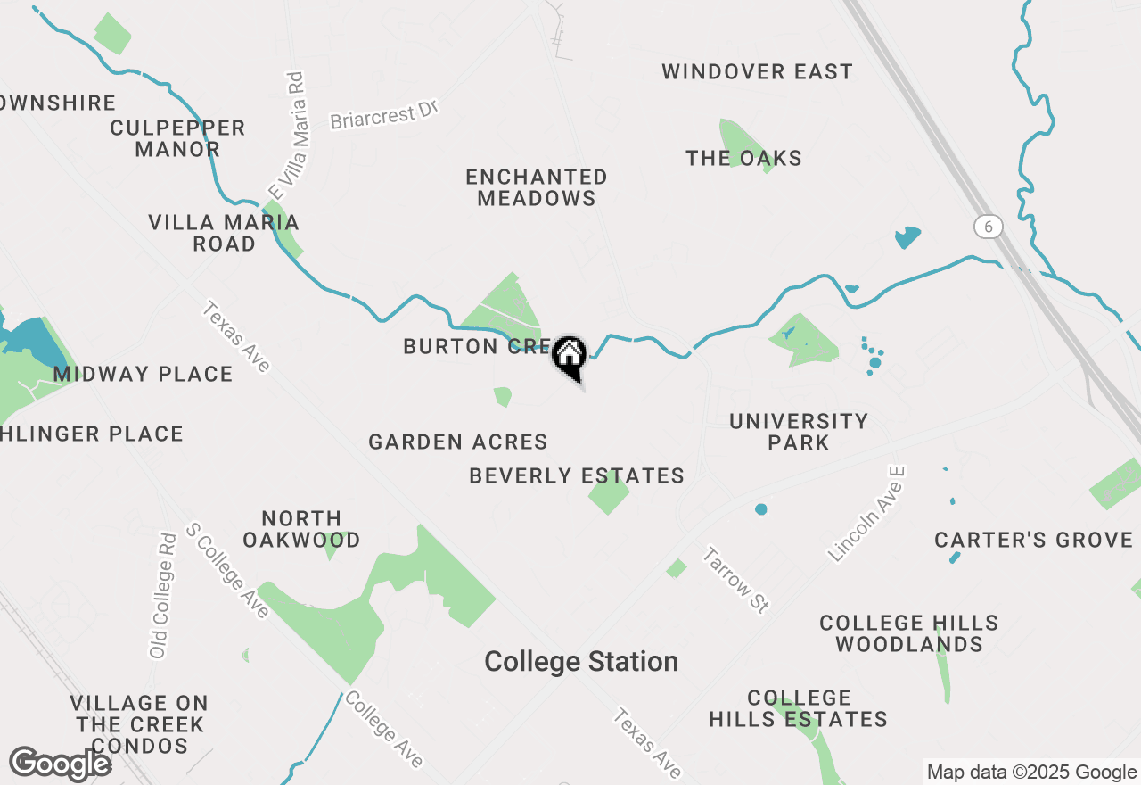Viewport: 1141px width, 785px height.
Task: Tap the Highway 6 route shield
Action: [986, 227]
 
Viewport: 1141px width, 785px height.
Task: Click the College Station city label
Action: [581, 662]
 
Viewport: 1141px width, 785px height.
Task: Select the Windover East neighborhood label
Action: [757, 71]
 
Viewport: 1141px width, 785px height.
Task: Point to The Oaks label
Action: [743, 159]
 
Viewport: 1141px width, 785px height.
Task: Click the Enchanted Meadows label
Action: [537, 187]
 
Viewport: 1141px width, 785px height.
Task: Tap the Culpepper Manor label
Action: [177, 138]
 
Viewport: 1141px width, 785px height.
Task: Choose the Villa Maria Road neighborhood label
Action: [224, 233]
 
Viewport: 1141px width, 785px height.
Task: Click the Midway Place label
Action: [143, 374]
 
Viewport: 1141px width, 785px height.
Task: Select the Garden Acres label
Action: [458, 442]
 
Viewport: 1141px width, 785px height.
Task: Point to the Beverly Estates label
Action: [577, 476]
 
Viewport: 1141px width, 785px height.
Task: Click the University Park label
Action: [799, 432]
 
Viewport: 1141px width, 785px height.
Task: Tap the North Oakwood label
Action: [301, 529]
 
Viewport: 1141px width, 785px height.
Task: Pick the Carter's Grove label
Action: [1033, 540]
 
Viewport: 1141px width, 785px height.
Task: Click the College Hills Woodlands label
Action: [908, 633]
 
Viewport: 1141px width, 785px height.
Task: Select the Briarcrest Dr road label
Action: [385, 114]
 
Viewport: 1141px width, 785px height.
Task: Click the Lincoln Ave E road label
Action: [866, 514]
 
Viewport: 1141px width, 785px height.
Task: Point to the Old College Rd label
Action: [163, 596]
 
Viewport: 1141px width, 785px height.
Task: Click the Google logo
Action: [61, 764]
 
